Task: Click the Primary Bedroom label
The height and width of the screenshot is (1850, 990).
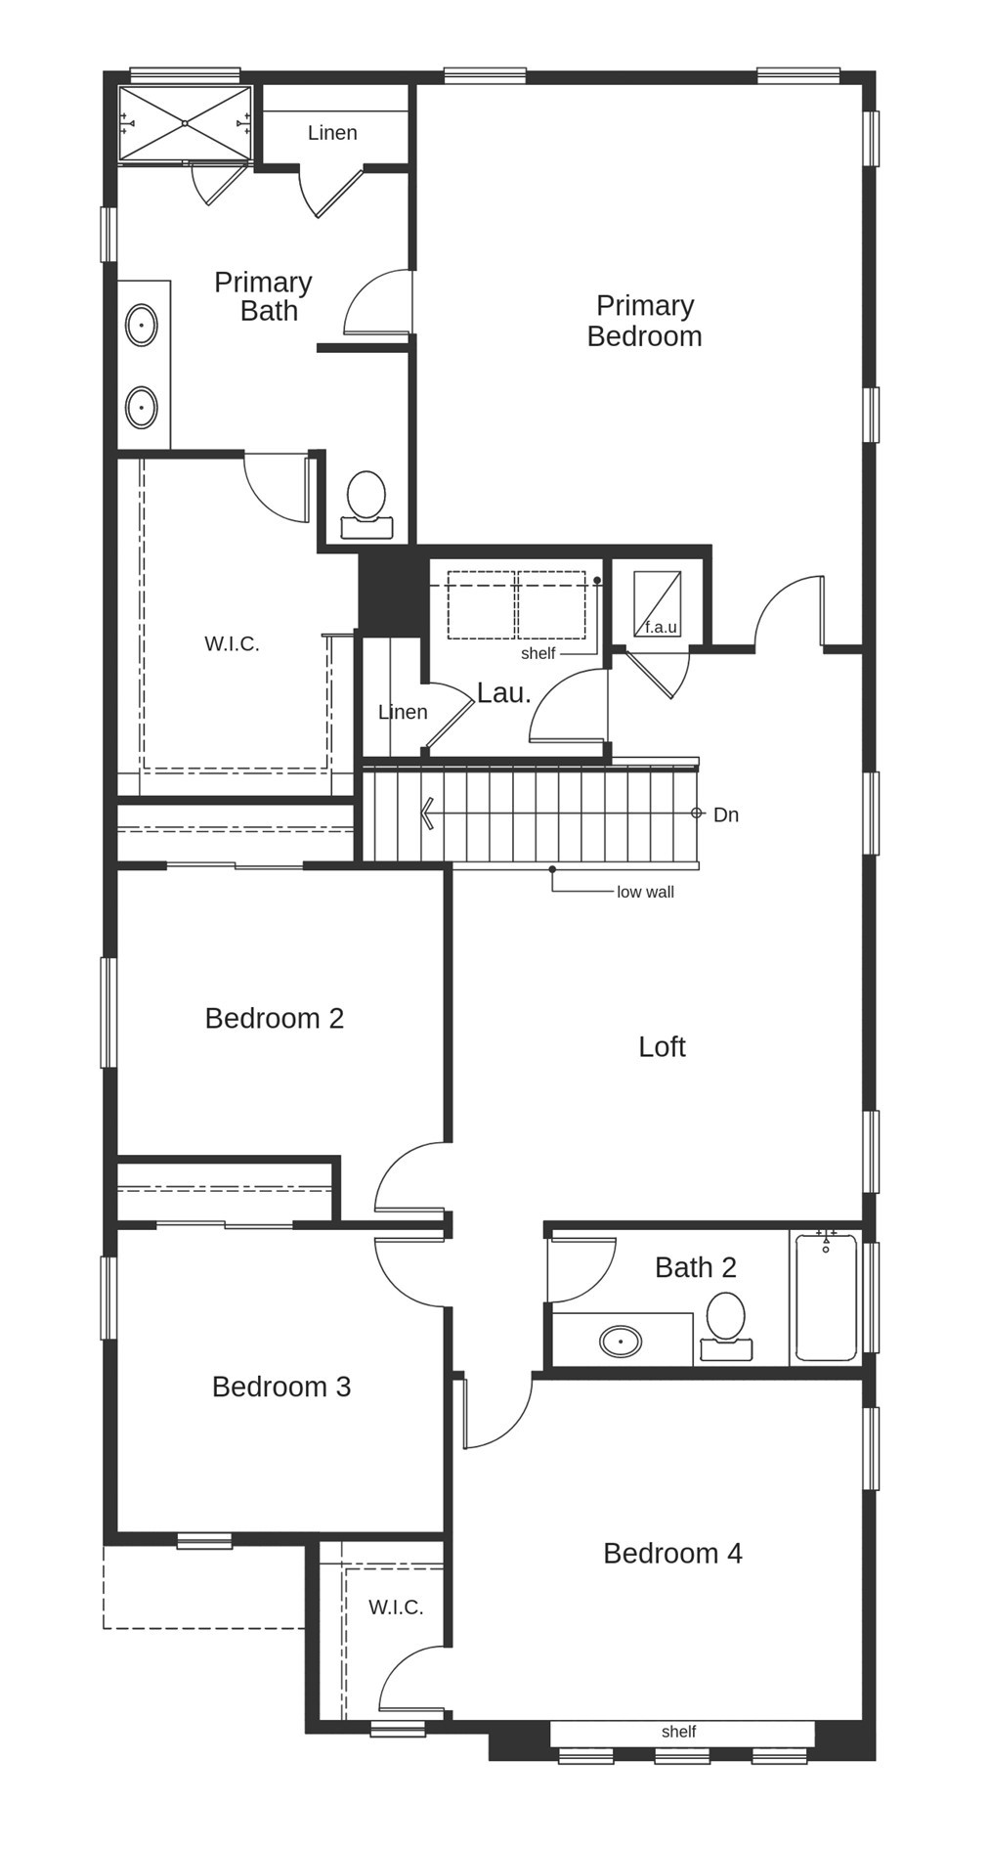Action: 644,321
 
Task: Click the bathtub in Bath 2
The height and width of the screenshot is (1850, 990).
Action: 826,1298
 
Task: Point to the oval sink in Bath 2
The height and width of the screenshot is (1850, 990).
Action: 621,1341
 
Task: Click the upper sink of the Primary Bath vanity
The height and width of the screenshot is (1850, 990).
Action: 142,325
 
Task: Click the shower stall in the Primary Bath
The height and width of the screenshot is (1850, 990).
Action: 185,123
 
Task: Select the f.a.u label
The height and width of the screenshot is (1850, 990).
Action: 661,627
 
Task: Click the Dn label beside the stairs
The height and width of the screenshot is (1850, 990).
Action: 725,815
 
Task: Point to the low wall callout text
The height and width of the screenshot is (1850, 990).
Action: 645,892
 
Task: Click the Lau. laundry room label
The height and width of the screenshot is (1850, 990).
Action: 503,693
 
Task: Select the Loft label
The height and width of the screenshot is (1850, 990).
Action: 662,1047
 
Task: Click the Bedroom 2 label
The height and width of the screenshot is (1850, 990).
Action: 275,1019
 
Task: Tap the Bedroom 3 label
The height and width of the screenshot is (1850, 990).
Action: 281,1387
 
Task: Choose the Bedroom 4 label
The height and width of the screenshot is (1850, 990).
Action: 672,1553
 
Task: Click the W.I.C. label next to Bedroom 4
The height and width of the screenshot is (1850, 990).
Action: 396,1607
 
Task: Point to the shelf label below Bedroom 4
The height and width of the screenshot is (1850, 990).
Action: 678,1732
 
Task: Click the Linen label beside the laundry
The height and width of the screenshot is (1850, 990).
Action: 403,712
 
